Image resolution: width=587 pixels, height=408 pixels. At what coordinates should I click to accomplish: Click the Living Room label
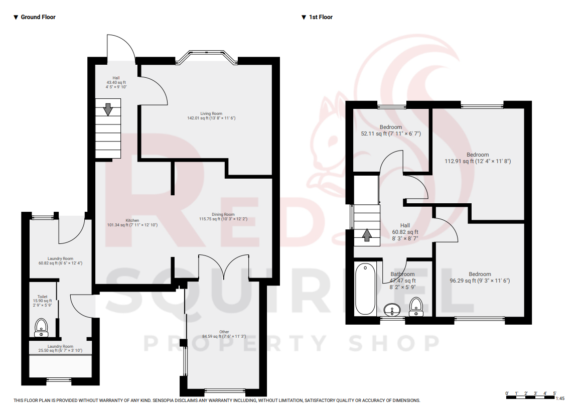(211, 115)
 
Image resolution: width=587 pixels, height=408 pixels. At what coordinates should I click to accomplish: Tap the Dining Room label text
(223, 216)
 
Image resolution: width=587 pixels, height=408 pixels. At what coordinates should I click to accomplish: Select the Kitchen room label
(132, 222)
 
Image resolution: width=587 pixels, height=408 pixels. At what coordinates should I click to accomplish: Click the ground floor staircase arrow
(108, 109)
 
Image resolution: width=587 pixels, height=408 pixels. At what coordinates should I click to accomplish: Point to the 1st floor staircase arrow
(367, 234)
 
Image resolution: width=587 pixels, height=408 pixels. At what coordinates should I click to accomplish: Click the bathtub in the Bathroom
(366, 289)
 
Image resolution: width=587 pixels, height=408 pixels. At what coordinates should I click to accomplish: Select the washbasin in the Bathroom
(392, 309)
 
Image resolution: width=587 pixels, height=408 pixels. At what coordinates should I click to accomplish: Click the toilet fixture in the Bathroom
(416, 306)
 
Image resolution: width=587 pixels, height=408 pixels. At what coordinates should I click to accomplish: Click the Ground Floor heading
(38, 17)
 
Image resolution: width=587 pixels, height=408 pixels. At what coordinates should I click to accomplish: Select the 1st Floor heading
(320, 17)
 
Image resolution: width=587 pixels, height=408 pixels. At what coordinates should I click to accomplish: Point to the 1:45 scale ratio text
(560, 398)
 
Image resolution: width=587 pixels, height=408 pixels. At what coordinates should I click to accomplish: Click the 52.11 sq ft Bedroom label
(391, 130)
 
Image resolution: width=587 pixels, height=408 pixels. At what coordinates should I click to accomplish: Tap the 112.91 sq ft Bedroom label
(478, 158)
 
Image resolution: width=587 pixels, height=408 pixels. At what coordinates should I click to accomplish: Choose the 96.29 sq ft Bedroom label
(480, 278)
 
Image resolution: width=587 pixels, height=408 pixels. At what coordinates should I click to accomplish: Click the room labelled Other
(224, 334)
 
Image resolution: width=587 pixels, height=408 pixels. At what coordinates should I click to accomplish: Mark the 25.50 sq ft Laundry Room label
(60, 348)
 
